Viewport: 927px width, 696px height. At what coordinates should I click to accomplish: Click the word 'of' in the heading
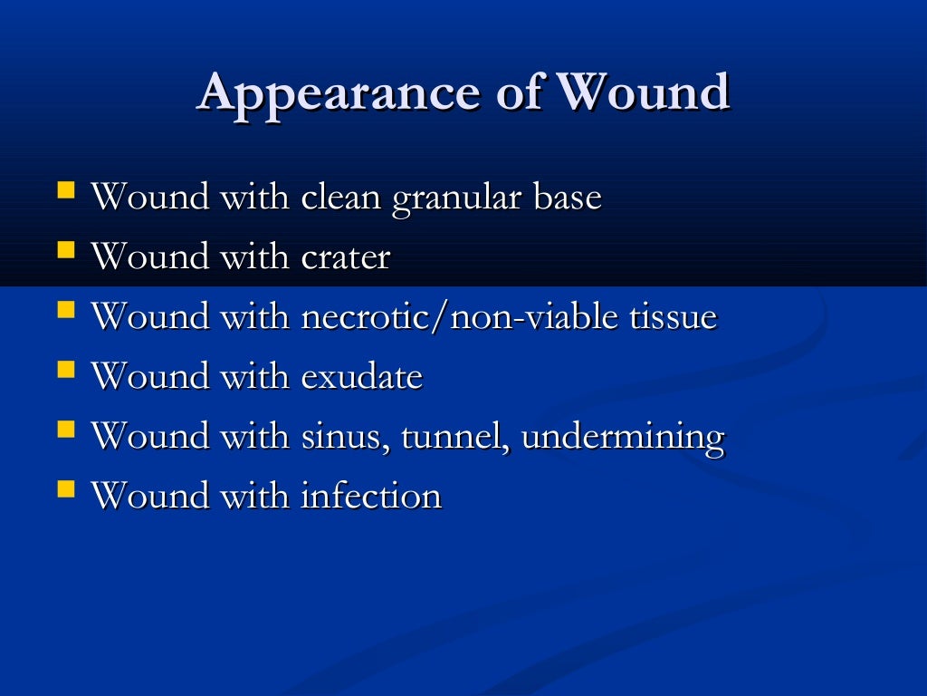click(x=519, y=92)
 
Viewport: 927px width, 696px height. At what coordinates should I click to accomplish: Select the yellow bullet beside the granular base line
click(x=66, y=192)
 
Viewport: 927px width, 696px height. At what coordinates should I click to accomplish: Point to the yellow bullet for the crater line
click(x=66, y=251)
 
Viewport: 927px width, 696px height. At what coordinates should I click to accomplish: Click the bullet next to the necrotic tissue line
click(x=66, y=311)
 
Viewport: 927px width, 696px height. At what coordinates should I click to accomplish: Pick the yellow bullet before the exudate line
click(x=66, y=371)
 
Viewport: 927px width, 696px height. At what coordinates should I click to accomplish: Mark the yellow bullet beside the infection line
click(x=66, y=490)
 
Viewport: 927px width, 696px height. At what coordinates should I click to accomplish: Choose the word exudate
click(x=361, y=377)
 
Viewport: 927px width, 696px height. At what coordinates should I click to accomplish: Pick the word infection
click(x=371, y=497)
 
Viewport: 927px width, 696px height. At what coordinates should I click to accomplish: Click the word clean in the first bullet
click(x=341, y=198)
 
